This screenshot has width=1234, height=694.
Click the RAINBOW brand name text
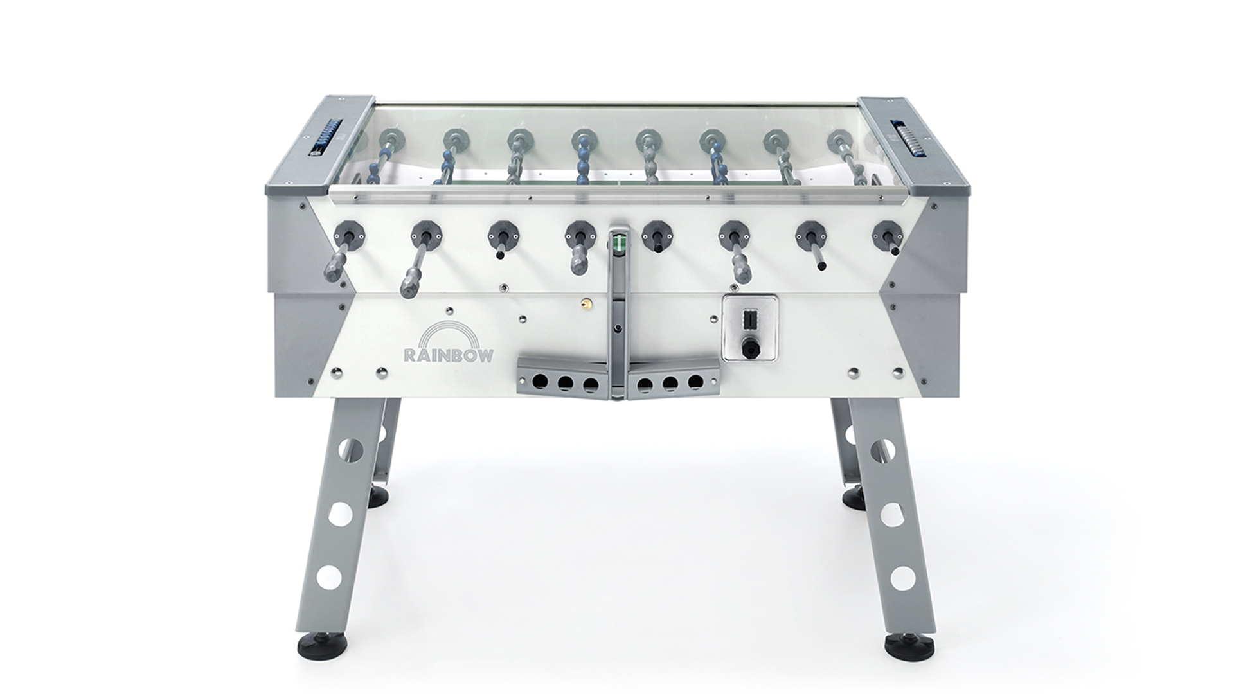tap(448, 355)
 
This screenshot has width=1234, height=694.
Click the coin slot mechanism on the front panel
tap(749, 328)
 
